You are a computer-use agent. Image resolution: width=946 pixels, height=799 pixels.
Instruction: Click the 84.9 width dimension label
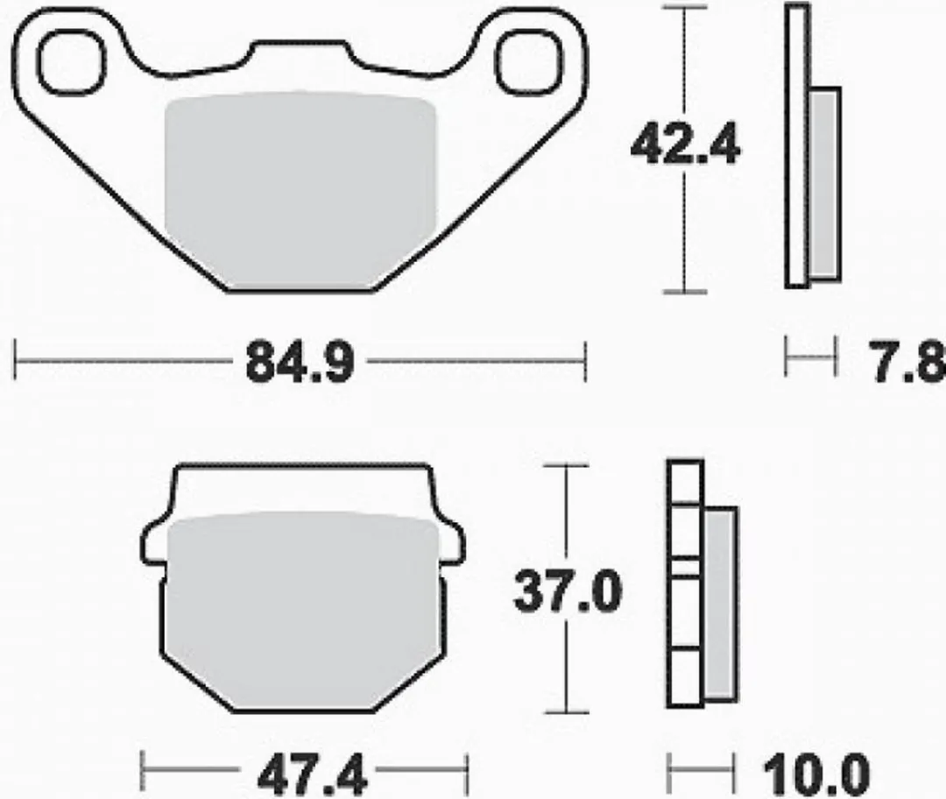[x=300, y=363]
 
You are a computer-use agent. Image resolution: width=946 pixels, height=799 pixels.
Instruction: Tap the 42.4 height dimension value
[x=685, y=145]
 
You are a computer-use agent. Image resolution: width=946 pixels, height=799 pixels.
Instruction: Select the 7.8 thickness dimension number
[x=907, y=363]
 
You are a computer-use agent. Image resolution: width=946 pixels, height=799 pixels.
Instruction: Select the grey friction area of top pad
[x=300, y=190]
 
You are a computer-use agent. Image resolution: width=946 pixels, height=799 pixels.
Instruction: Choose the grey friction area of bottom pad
[x=303, y=611]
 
